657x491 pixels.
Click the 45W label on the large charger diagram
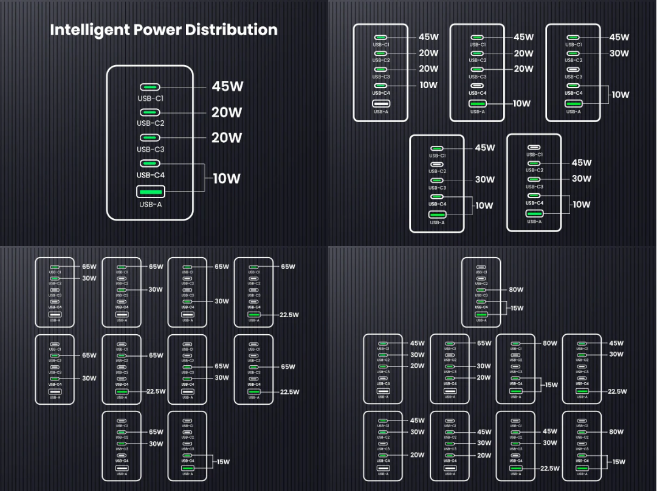(x=227, y=86)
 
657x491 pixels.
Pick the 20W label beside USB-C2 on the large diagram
(x=227, y=112)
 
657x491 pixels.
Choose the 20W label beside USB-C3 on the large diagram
(x=227, y=138)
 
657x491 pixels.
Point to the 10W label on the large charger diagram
(x=226, y=179)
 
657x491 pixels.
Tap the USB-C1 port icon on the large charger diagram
(x=150, y=87)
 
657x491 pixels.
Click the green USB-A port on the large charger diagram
(x=150, y=192)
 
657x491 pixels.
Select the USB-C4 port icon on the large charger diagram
(x=150, y=163)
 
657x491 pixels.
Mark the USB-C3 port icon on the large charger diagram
(x=150, y=138)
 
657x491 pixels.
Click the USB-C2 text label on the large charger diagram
(x=150, y=123)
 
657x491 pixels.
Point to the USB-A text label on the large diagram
(x=150, y=205)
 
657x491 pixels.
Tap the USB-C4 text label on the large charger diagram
(x=150, y=176)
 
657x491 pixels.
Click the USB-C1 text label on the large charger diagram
(x=150, y=98)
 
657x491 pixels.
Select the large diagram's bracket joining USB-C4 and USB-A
(x=204, y=178)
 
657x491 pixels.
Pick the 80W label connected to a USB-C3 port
(x=516, y=290)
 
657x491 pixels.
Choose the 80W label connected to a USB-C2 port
(x=616, y=432)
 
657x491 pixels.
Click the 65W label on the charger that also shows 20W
(x=484, y=343)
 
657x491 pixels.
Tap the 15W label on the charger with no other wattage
(x=223, y=462)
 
